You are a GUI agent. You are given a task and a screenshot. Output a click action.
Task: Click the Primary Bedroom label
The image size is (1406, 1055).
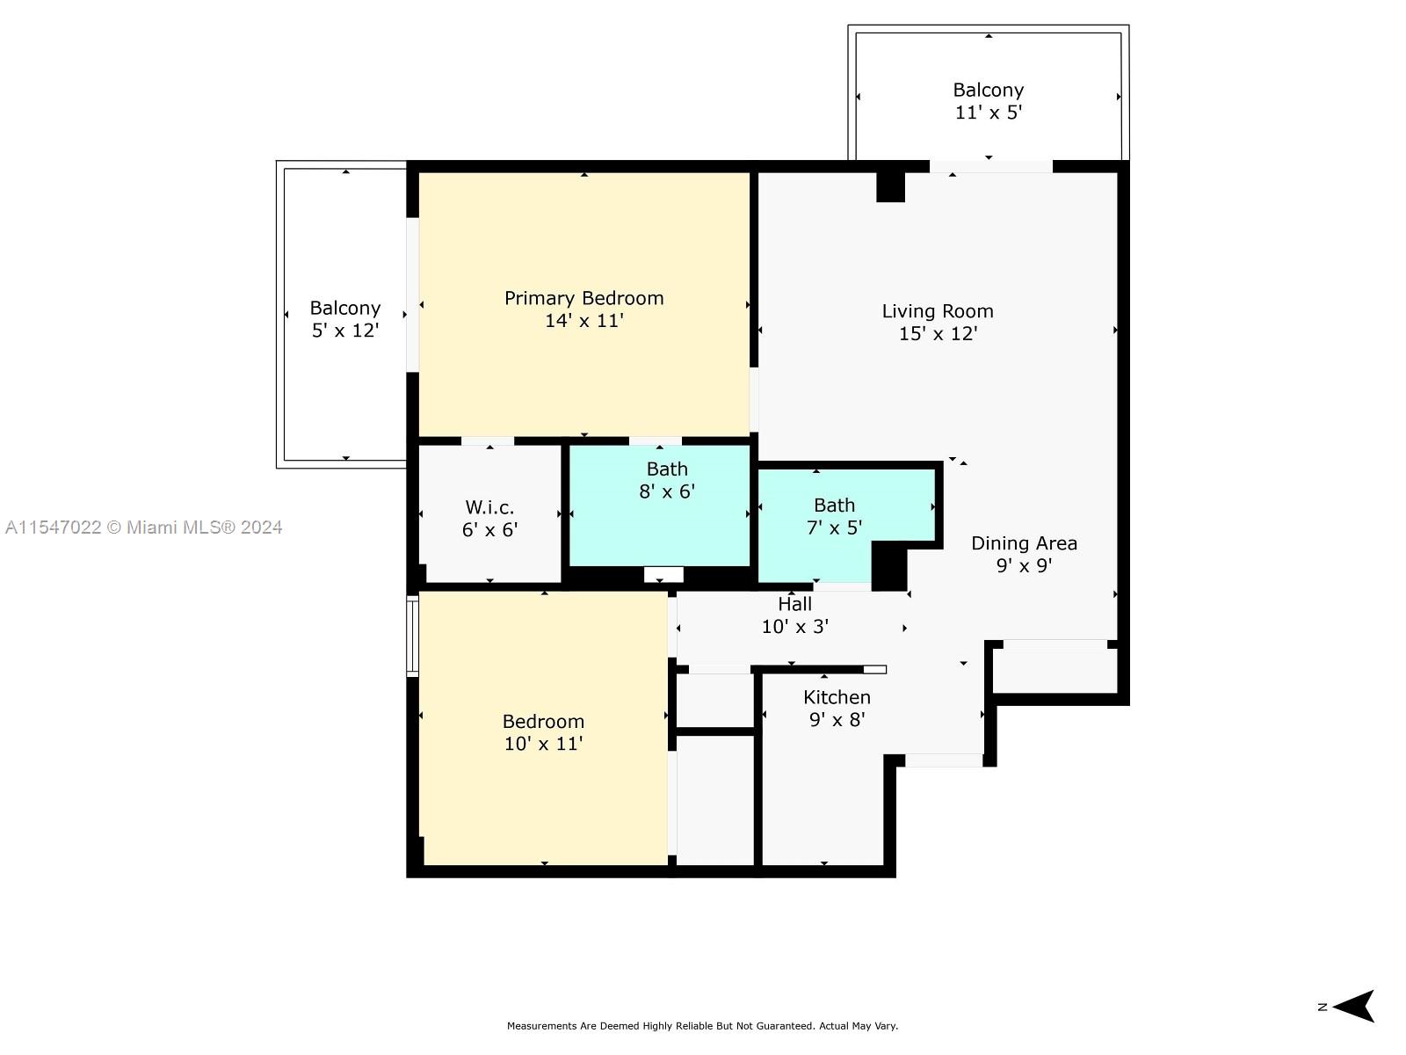point(583,299)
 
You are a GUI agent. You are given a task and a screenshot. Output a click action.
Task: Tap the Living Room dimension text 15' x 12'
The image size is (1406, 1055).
point(938,334)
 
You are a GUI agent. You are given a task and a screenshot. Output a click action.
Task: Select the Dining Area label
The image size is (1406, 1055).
point(1024,543)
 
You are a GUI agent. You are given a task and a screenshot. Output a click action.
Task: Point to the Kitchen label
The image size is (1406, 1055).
point(837,697)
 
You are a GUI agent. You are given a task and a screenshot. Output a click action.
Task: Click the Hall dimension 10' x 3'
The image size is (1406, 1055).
point(795,627)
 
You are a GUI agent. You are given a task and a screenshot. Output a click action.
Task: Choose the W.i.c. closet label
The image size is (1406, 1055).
point(489,507)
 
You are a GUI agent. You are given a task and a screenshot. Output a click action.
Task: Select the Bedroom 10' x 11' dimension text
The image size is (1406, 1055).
point(543,744)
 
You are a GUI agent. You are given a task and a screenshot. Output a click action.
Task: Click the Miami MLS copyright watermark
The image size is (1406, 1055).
point(143,527)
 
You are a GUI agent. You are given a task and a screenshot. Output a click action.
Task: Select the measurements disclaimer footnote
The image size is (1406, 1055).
point(702,1025)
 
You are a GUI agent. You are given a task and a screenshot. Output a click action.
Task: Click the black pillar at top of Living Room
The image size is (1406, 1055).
point(890,187)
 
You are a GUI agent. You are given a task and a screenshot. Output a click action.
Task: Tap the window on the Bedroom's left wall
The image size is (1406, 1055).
point(412,636)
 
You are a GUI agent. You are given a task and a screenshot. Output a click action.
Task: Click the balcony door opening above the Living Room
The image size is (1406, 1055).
point(991,166)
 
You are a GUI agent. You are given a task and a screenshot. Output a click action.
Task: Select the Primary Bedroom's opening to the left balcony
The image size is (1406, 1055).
point(412,295)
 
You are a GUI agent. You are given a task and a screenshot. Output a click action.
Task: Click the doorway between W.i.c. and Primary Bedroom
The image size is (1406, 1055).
point(488,440)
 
